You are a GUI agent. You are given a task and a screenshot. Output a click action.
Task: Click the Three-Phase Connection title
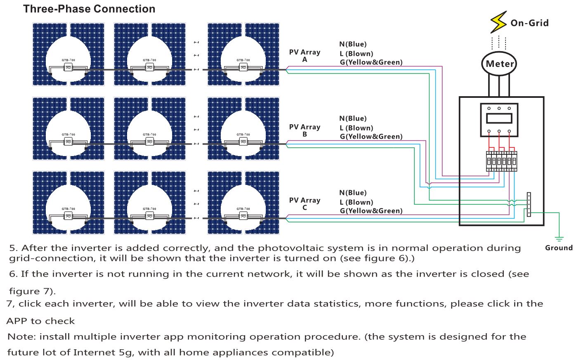point(89,9)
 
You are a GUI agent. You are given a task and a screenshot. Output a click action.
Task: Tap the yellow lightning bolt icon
point(498,22)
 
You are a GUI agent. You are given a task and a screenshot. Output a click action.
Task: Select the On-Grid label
point(529,23)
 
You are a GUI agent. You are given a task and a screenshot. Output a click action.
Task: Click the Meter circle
point(499,64)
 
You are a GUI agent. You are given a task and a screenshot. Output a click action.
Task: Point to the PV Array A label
point(305,56)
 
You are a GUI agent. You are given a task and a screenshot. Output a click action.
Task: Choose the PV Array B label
point(305,130)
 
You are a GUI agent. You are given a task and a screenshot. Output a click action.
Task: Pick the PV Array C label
point(305,204)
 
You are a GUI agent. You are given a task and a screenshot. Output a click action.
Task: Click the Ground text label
point(559,248)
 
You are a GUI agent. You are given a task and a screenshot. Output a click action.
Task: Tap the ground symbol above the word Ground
point(559,239)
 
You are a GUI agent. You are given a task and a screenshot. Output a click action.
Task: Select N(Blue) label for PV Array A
point(353,44)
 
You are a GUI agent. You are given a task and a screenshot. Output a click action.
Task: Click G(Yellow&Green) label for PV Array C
point(371,211)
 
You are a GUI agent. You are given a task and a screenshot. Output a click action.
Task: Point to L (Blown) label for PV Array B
point(356,128)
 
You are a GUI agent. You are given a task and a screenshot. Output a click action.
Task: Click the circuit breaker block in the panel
point(501,161)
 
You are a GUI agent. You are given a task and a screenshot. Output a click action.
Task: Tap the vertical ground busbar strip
point(529,204)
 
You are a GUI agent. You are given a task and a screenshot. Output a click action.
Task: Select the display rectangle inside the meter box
point(499,118)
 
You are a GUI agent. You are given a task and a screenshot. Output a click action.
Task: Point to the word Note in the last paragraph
point(22,337)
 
